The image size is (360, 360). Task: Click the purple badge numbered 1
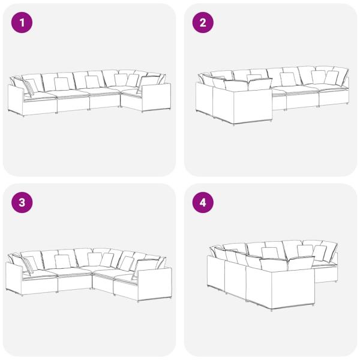(22, 23)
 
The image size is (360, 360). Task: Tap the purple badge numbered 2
(203, 23)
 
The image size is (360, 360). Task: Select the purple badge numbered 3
(22, 203)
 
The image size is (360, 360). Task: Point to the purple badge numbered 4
(203, 203)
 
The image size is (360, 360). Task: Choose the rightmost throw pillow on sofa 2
(332, 77)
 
